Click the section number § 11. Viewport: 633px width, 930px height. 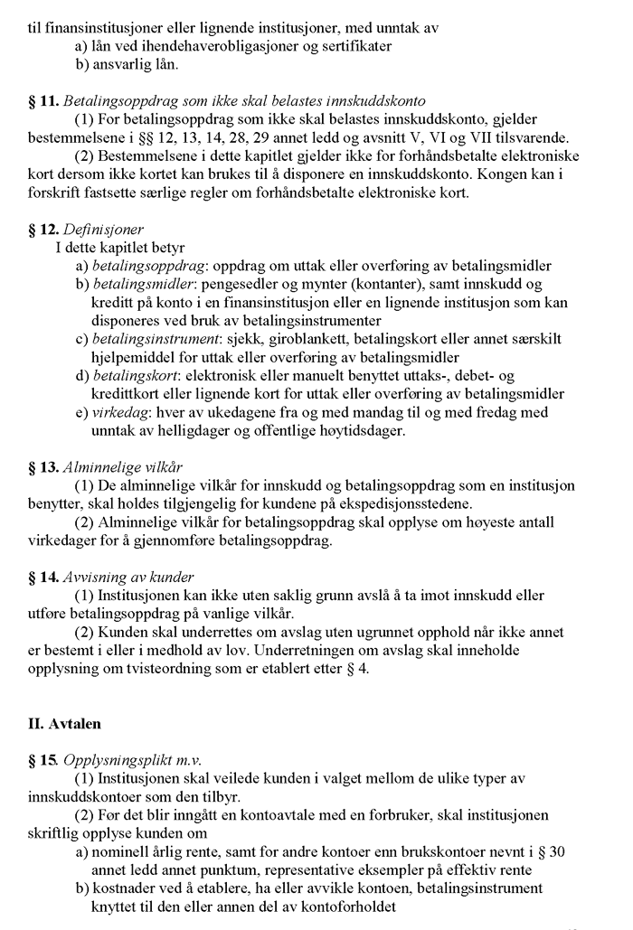point(43,101)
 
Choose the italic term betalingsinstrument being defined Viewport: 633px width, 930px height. point(156,339)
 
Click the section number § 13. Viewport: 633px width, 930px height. point(43,467)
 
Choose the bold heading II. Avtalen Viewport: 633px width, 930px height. point(66,725)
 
